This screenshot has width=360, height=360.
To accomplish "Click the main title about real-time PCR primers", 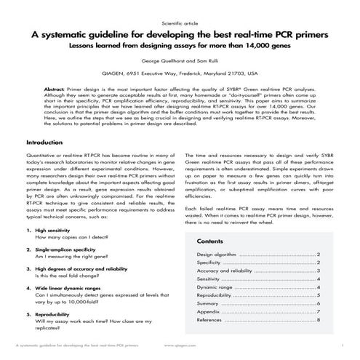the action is point(180,35).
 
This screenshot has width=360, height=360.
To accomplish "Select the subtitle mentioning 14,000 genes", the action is point(180,47).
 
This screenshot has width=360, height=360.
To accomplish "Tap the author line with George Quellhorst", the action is point(180,62).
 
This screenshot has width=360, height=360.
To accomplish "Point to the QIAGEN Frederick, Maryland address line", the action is point(180,73).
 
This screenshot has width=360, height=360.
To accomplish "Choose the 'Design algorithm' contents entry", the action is point(217,254).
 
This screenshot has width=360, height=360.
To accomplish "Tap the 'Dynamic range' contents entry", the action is point(216,287).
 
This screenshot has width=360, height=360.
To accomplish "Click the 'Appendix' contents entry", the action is point(209,311).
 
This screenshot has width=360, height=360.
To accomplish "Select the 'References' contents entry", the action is point(210,320).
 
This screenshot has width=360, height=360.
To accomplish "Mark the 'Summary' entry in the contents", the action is point(209,303).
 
